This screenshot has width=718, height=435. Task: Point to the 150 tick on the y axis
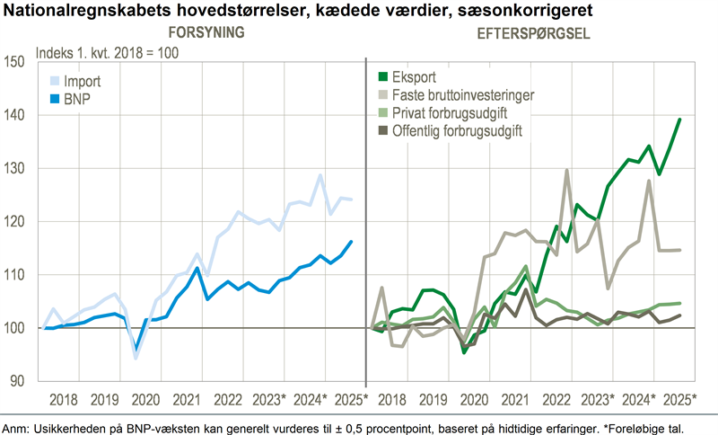coord(15,62)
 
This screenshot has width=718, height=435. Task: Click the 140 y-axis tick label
coord(15,115)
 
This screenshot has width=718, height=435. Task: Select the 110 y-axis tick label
coord(15,275)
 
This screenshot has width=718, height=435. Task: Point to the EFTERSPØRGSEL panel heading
coord(533,34)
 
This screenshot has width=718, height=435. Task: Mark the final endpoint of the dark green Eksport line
coord(679,120)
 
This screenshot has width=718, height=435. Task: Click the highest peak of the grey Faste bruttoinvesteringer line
coord(566,171)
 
